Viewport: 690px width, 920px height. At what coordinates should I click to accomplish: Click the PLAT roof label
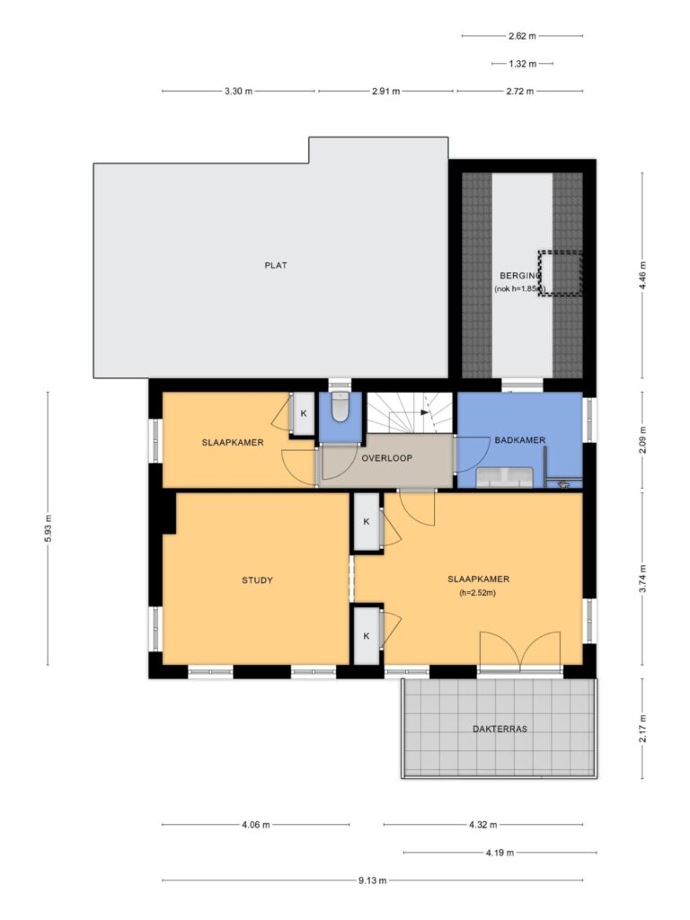tap(276, 265)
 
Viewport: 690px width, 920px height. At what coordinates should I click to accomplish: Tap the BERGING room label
tap(520, 275)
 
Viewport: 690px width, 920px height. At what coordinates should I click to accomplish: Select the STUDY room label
tap(257, 580)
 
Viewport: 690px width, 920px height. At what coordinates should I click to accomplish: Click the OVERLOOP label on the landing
tap(386, 458)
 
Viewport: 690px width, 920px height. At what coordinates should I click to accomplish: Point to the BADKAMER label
tap(520, 440)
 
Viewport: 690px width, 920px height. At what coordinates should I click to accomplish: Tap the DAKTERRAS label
tap(500, 730)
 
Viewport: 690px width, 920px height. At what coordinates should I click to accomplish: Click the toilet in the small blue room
tap(340, 407)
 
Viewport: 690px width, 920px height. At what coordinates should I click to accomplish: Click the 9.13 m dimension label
tap(373, 880)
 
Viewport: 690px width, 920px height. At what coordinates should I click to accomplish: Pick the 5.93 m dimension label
tap(49, 528)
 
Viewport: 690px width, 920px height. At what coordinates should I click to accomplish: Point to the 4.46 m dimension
tap(642, 275)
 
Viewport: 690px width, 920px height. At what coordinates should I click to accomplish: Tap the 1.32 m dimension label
tap(522, 64)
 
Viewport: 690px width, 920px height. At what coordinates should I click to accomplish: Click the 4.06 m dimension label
tap(256, 825)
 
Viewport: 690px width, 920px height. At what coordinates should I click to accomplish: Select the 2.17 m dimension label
tap(642, 728)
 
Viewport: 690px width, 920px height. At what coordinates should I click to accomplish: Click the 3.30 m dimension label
tap(238, 92)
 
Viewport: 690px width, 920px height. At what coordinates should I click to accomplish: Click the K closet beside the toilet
tap(304, 413)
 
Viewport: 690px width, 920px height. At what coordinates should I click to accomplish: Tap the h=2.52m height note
tap(478, 593)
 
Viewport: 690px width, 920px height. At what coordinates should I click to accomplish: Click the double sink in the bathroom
tap(505, 478)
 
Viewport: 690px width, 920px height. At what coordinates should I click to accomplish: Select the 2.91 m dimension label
tap(385, 92)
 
